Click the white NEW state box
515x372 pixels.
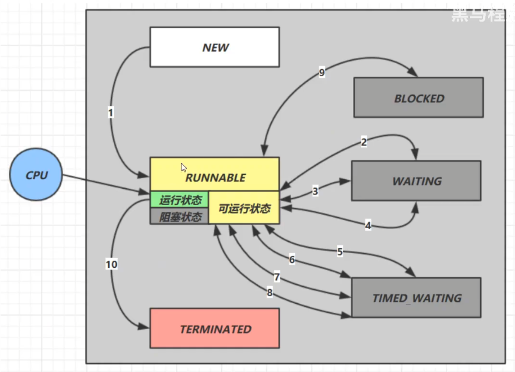(x=214, y=47)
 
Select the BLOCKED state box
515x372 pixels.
(x=419, y=98)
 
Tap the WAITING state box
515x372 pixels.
(x=416, y=181)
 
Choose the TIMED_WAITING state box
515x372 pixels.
(x=416, y=298)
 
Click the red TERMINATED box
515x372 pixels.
(x=214, y=329)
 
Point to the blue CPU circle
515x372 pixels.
(x=36, y=175)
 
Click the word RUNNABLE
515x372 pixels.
(x=215, y=178)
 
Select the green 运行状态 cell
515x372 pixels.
(x=180, y=200)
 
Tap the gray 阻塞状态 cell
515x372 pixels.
(x=180, y=217)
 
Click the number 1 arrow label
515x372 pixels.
(x=111, y=113)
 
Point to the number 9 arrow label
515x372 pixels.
(x=322, y=73)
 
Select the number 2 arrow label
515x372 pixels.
(x=364, y=142)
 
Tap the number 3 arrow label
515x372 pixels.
(x=315, y=191)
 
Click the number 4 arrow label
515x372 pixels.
(x=368, y=225)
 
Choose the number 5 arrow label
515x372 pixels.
(x=340, y=252)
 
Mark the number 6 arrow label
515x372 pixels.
(x=292, y=259)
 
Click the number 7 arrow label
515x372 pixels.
(x=277, y=277)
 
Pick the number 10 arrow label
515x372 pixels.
(x=111, y=265)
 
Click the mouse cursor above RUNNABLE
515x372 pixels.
(x=183, y=167)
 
